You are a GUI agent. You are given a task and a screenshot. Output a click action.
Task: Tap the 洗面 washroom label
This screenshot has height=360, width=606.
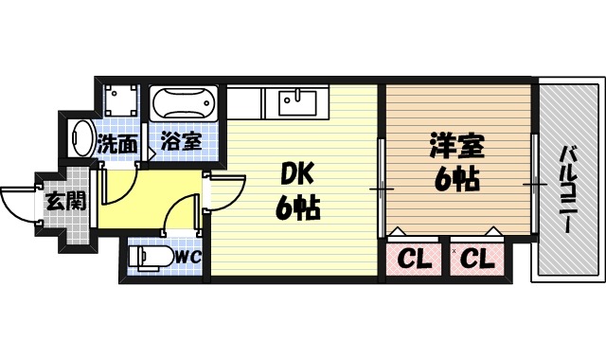click(118, 145)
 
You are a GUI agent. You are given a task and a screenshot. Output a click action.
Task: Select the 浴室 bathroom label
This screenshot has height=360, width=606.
click(180, 142)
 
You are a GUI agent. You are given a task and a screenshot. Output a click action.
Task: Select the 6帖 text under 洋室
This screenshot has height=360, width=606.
click(456, 178)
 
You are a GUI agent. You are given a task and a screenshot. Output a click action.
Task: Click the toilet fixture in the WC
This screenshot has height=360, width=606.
click(151, 256)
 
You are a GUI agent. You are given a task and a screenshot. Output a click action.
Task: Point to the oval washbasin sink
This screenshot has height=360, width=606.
click(81, 140)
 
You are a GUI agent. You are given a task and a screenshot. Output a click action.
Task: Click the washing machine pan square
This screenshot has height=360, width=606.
click(119, 101)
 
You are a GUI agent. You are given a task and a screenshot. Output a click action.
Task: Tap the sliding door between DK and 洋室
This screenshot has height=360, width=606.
click(381, 188)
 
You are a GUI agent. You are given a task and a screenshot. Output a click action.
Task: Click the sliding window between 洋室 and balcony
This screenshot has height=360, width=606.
click(535, 185)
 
